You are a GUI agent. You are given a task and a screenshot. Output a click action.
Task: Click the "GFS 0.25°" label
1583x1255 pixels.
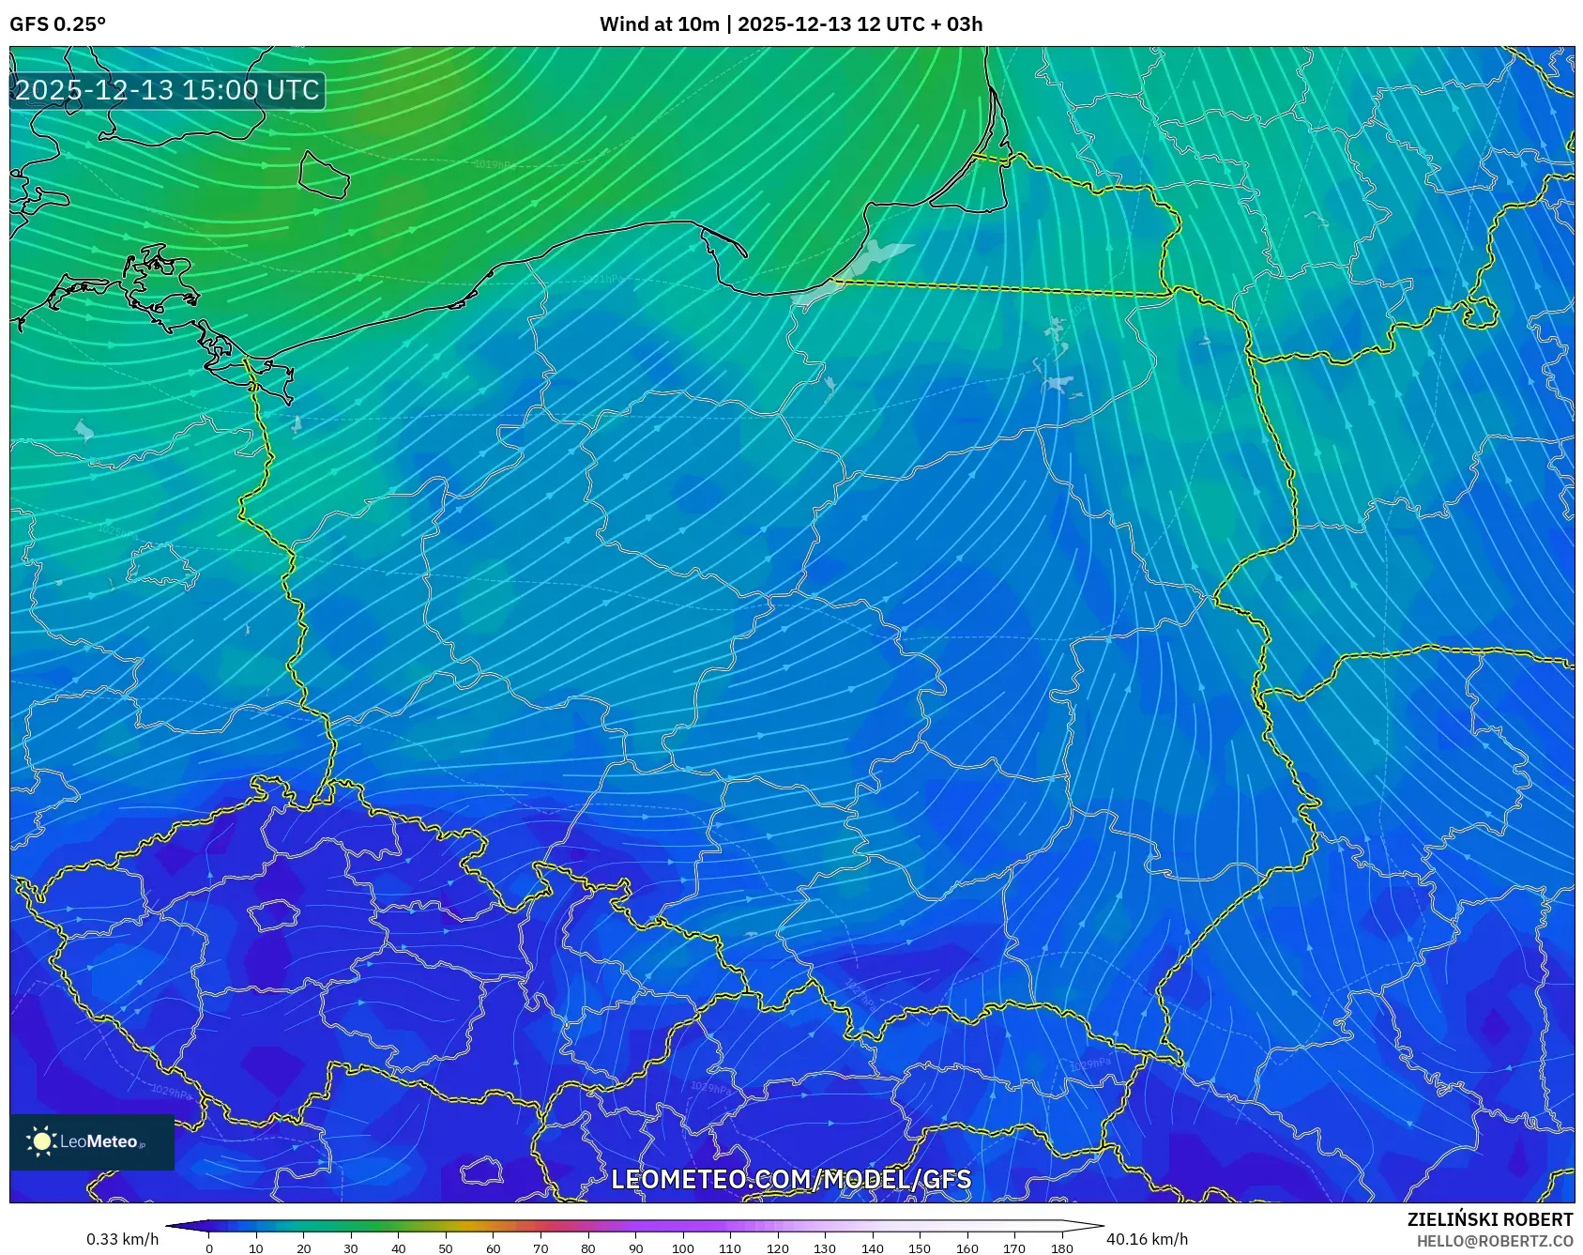point(57,24)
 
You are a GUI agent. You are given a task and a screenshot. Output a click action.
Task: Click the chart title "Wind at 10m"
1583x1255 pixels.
point(659,24)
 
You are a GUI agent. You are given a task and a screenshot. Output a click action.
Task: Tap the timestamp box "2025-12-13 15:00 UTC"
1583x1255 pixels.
point(167,90)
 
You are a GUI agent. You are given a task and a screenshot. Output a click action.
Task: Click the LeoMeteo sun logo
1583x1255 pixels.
point(41,1141)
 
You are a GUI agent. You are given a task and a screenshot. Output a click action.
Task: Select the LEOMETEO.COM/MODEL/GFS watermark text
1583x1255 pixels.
point(791,1179)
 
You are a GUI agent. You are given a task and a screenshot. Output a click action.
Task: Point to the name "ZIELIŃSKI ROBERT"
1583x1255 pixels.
point(1489,1219)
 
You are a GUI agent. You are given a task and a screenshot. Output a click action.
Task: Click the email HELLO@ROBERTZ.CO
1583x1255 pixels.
point(1494,1241)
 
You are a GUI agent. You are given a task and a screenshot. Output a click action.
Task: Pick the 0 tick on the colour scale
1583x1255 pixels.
point(208,1248)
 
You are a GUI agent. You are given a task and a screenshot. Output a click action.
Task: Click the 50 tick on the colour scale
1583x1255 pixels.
point(446,1248)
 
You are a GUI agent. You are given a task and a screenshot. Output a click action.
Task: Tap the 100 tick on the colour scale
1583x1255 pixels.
point(682,1248)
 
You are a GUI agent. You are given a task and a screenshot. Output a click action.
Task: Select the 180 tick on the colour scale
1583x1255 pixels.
point(1061,1248)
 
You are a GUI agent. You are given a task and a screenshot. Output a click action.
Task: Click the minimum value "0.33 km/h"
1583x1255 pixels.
point(122,1239)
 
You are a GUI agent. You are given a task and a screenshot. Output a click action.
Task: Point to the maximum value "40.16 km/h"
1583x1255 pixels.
point(1147,1239)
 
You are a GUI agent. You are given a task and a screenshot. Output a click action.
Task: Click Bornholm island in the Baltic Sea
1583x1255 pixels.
point(323,175)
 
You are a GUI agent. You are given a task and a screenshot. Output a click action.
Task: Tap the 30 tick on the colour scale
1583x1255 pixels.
point(351,1248)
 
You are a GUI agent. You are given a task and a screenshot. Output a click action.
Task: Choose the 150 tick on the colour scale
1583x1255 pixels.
point(920,1248)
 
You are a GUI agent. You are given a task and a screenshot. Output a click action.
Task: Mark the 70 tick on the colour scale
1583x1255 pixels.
point(540,1248)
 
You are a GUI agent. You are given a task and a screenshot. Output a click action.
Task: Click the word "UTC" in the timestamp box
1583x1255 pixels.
point(293,90)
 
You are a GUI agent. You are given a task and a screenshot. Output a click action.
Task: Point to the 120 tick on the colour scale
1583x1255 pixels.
point(777,1248)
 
